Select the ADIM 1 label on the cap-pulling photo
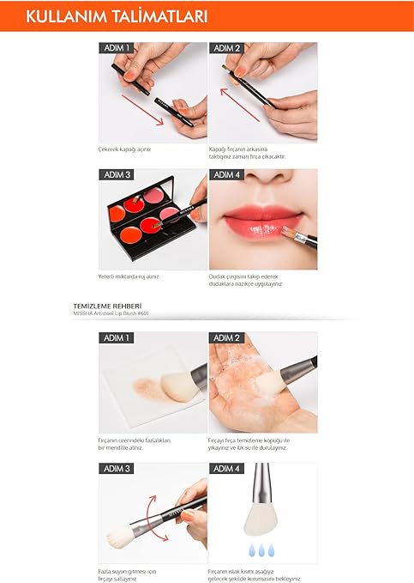117,48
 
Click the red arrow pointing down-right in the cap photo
142,110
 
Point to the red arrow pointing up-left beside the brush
239,105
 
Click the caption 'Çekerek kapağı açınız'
124,149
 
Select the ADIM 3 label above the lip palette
117,175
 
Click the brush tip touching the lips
288,232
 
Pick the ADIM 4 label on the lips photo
226,175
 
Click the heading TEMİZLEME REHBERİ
107,307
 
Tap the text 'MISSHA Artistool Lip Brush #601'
111,313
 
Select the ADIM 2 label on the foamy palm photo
226,338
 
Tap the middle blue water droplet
261,550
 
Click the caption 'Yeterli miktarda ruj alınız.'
129,276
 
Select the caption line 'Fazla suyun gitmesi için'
127,572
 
